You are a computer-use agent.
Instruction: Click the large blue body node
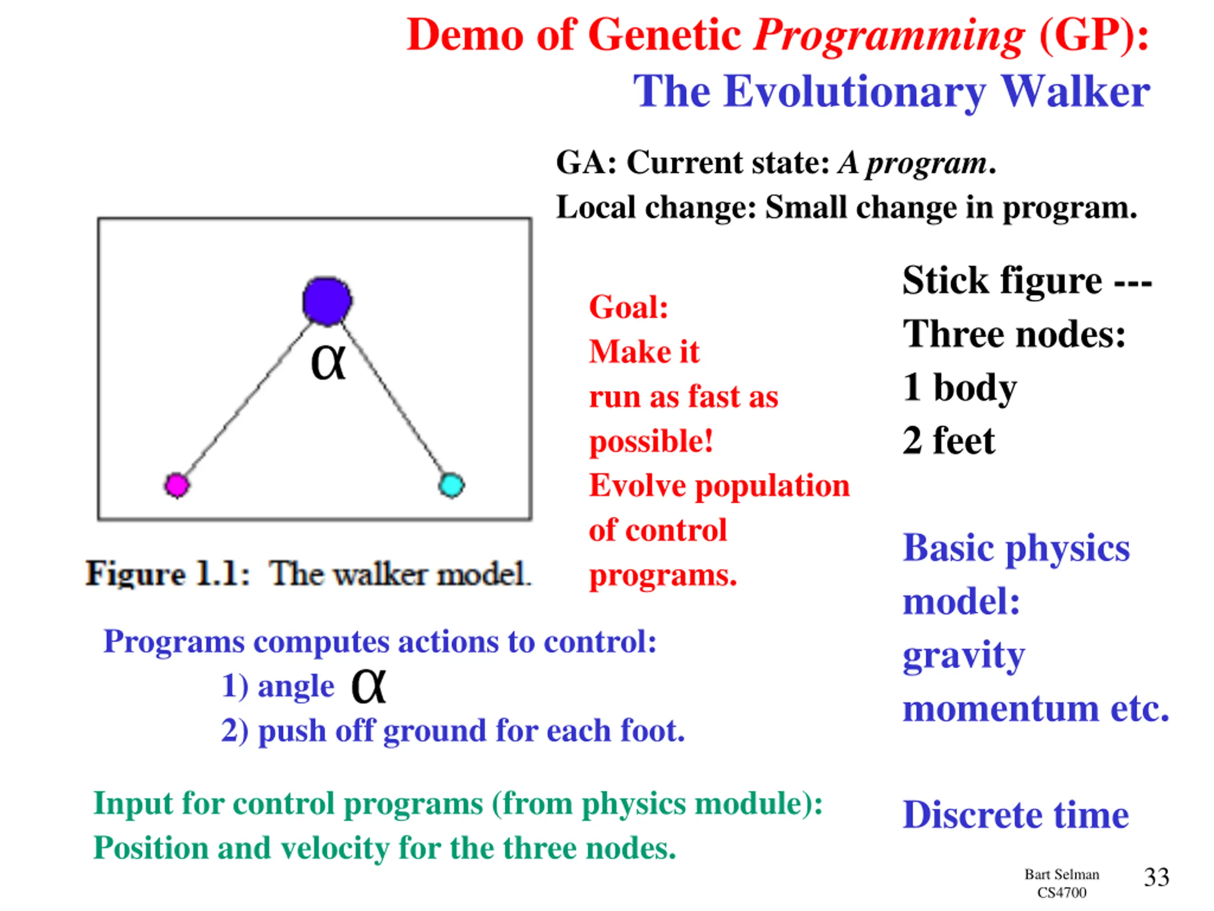(x=327, y=301)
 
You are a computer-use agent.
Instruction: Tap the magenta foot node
(x=177, y=485)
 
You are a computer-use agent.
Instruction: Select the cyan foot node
(x=451, y=485)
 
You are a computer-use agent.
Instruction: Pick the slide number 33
(x=1156, y=877)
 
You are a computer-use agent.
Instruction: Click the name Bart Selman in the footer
(x=1061, y=874)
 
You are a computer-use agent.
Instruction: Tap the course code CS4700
(x=1061, y=893)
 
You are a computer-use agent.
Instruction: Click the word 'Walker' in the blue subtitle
(x=1075, y=91)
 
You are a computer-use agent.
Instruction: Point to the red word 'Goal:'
(x=628, y=307)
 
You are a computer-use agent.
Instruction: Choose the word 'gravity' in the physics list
(x=964, y=656)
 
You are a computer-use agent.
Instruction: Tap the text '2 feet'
(x=948, y=440)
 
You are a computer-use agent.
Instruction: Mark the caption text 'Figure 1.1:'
(x=168, y=574)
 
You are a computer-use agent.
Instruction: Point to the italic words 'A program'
(x=912, y=163)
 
